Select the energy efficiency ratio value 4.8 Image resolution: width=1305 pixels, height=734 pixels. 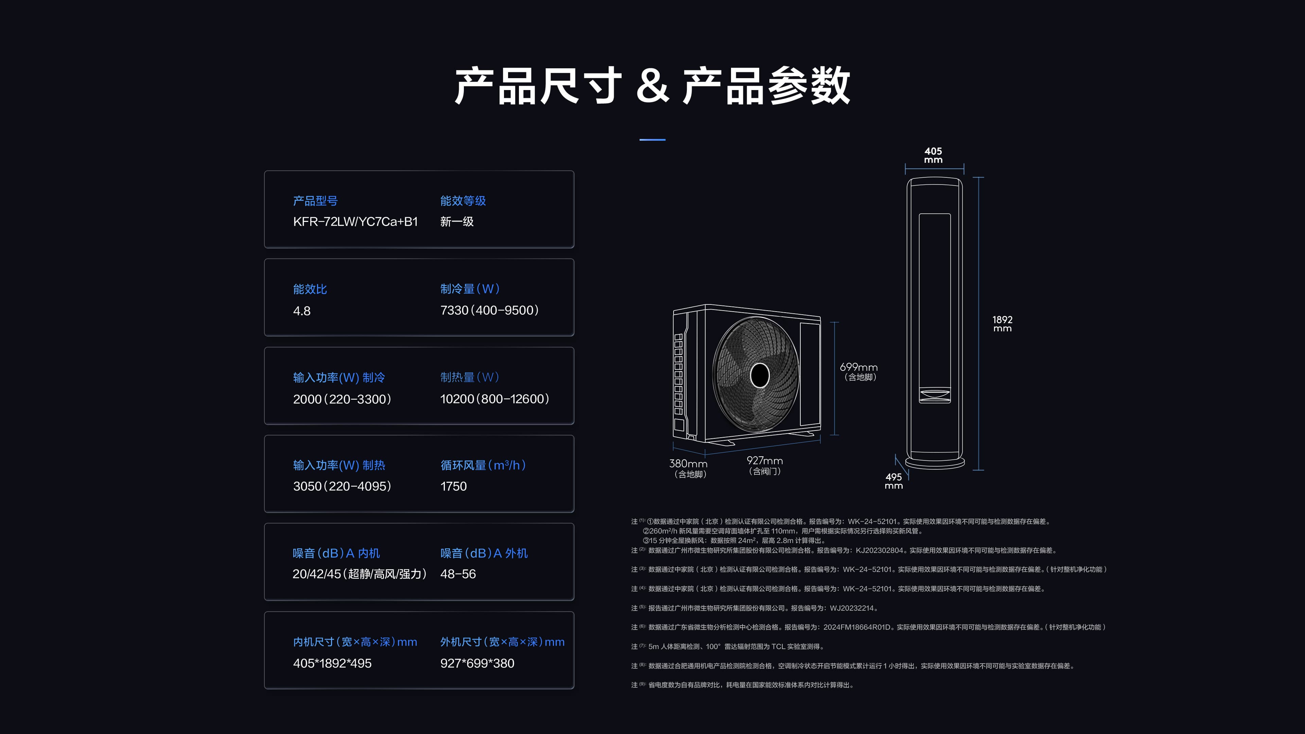pos(302,311)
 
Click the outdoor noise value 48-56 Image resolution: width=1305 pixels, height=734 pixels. pos(458,574)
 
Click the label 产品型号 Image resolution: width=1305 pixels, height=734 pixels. pos(315,201)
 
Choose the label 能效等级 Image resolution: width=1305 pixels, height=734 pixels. pos(463,201)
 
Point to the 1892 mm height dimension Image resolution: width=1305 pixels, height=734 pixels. pos(1002,324)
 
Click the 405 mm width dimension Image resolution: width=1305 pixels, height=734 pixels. pos(933,155)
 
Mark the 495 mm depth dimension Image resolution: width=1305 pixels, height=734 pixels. pos(894,481)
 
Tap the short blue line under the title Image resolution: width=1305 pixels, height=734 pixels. pos(652,140)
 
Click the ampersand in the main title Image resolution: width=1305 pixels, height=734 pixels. pos(652,86)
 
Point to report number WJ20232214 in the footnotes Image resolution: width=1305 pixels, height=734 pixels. pos(852,608)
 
